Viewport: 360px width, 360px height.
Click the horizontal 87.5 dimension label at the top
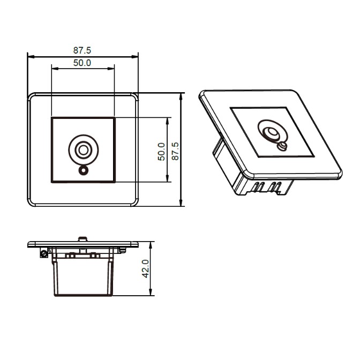click(x=82, y=50)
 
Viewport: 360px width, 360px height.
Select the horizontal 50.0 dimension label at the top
click(x=82, y=63)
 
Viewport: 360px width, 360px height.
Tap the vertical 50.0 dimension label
click(x=161, y=152)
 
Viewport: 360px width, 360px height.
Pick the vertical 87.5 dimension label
click(x=175, y=151)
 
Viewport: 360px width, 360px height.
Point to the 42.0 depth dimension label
click(x=146, y=269)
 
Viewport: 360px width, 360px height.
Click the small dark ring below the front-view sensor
click(x=83, y=170)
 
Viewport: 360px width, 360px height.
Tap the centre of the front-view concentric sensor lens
click(x=84, y=150)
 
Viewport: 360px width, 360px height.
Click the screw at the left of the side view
click(x=44, y=254)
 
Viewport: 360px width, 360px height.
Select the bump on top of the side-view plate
click(x=83, y=239)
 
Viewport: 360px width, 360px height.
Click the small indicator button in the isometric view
click(x=282, y=146)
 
